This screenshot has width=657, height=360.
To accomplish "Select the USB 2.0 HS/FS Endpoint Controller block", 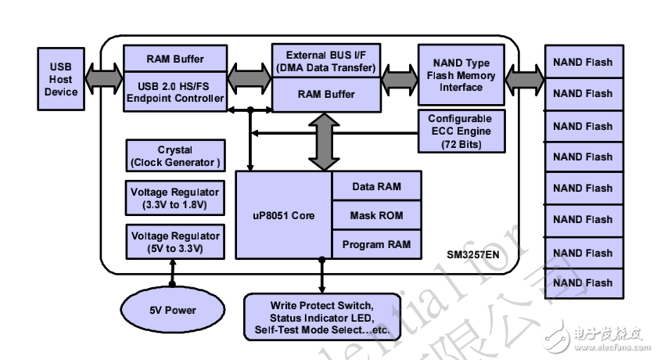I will coord(175,92).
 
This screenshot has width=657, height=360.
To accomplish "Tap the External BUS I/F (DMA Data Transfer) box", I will coord(325,62).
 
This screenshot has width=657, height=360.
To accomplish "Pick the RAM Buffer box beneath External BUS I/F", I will coord(325,95).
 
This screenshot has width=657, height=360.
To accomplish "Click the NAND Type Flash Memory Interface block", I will coord(461,75).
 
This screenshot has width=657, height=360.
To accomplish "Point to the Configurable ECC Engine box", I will coord(460,130).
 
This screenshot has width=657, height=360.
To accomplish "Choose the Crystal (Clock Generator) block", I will coord(174,156).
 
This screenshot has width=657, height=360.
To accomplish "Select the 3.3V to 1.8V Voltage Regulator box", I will coord(174,199).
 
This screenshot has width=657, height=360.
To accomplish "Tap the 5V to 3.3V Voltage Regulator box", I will coord(174,242).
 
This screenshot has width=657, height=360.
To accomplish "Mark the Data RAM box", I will coord(377,186).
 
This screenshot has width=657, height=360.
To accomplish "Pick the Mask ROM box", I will coord(377,215).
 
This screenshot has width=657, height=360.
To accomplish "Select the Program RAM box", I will coord(377,244).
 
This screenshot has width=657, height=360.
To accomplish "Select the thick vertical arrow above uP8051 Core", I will coord(321,142).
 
